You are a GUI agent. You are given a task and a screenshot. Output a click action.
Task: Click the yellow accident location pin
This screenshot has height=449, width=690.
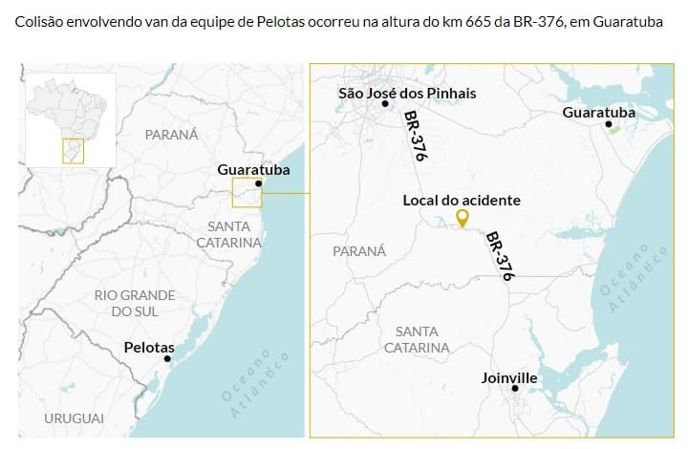(463, 219)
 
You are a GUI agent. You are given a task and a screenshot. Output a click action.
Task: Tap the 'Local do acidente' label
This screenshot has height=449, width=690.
(462, 201)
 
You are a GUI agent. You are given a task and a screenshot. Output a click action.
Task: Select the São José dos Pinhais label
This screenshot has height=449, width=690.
(407, 93)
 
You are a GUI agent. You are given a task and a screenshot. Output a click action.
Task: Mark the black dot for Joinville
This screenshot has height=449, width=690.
(515, 389)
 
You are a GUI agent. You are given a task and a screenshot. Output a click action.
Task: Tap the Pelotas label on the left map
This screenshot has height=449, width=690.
(149, 348)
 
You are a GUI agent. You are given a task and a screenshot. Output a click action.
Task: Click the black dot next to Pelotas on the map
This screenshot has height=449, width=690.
(167, 359)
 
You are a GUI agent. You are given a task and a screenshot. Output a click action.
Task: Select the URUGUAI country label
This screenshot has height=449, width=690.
(73, 418)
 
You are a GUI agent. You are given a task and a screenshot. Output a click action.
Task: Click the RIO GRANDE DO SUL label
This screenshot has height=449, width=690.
(135, 304)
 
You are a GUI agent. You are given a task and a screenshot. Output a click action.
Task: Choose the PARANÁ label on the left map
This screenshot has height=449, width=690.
(171, 135)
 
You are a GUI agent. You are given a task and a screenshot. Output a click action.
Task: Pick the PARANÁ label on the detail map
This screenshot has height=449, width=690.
(359, 250)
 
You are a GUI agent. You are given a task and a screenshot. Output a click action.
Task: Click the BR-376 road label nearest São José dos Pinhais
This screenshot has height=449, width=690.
(414, 135)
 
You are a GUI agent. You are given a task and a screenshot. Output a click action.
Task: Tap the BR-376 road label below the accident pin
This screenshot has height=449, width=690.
(499, 255)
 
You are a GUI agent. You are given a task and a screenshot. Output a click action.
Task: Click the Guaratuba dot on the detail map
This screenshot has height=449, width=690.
(608, 124)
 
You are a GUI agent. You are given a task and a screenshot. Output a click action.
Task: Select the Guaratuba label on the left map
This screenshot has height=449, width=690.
(252, 170)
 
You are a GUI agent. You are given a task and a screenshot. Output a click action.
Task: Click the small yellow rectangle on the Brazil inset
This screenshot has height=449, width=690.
(73, 151)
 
